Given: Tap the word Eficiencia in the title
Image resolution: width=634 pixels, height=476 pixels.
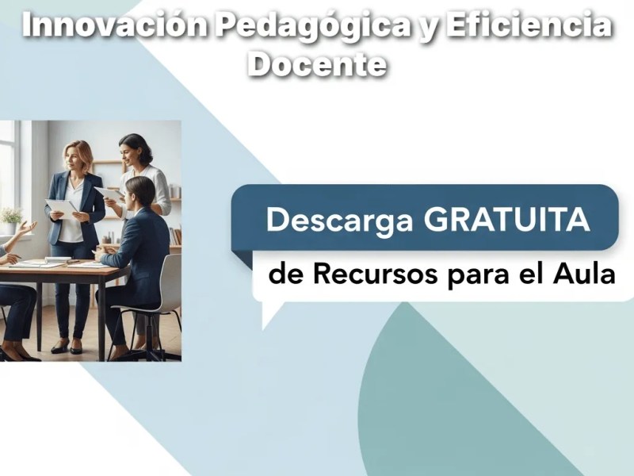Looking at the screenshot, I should pyautogui.click(x=529, y=27).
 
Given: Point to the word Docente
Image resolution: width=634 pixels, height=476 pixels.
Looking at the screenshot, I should pyautogui.click(x=317, y=63).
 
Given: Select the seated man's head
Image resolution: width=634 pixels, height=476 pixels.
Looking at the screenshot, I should pyautogui.click(x=139, y=192).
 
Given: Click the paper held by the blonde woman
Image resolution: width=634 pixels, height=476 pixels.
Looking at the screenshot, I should pyautogui.click(x=60, y=209).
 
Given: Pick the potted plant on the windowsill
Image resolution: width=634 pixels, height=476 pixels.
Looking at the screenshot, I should pyautogui.click(x=11, y=215).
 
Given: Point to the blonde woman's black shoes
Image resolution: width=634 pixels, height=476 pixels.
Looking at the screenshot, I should pyautogui.click(x=67, y=347).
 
